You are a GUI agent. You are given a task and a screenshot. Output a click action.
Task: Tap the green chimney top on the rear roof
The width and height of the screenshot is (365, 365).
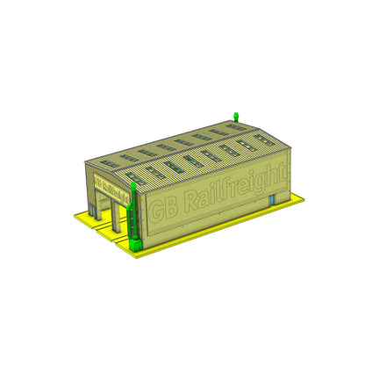pyautogui.click(x=235, y=116)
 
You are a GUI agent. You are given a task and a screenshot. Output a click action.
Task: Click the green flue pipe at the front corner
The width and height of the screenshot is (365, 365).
pyautogui.click(x=133, y=211)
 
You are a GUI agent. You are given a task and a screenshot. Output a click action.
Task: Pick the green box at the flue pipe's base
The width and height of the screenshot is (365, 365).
pyautogui.click(x=135, y=240)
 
